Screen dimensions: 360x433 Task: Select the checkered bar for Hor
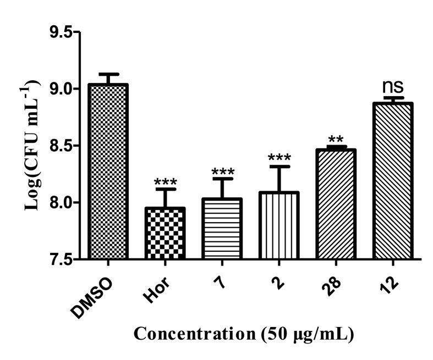(164, 233)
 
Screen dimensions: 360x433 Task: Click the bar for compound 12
(393, 181)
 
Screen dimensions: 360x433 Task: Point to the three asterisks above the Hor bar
(164, 182)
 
